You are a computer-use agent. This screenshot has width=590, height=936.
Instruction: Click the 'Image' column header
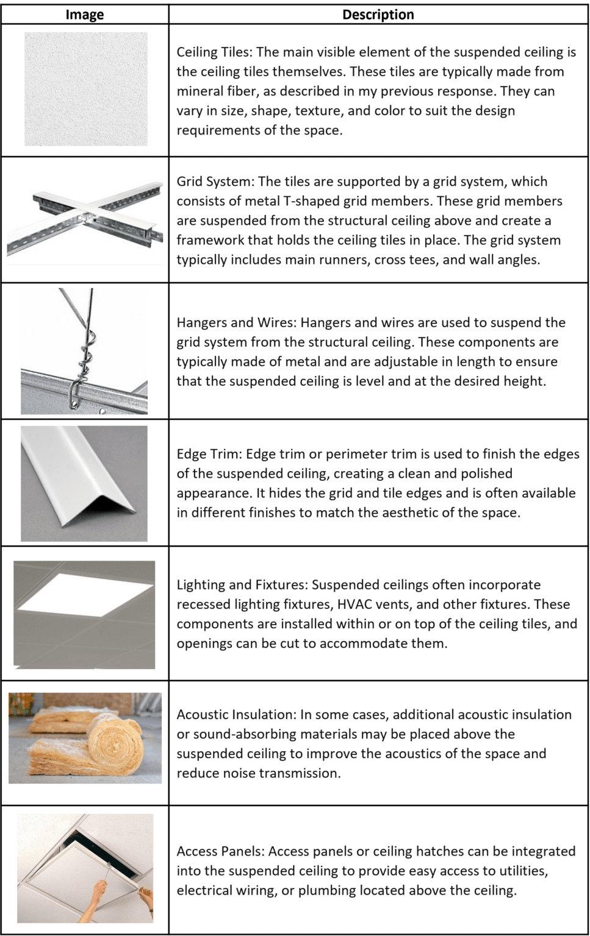(x=85, y=15)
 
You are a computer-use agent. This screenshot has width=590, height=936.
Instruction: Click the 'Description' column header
(x=378, y=15)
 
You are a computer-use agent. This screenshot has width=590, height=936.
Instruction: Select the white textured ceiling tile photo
(x=86, y=89)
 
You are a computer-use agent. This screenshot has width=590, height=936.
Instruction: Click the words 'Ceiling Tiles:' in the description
(x=214, y=52)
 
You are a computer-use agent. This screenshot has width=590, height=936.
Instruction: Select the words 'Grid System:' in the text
(x=215, y=182)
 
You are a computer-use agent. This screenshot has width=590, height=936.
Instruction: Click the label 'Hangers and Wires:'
(x=236, y=323)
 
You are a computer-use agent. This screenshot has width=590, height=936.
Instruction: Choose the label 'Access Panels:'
(x=220, y=851)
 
